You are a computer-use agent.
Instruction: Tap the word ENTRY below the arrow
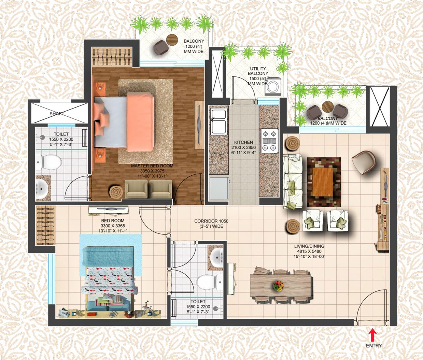(373, 346)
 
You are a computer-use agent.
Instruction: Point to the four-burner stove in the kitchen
(269, 141)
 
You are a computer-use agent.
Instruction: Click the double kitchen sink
(218, 121)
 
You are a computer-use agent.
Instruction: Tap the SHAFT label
(57, 114)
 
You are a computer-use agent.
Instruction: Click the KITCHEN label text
(243, 142)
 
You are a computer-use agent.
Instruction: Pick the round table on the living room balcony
(327, 107)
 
